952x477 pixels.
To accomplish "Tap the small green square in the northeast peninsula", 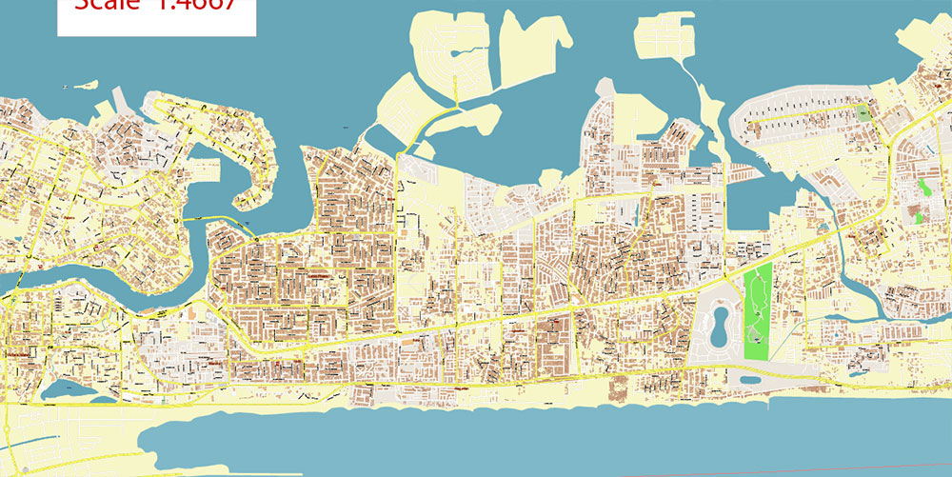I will pos(863,113).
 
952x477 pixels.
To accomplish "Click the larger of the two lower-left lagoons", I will pos(63,389).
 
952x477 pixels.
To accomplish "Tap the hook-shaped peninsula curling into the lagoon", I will pos(249,171).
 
